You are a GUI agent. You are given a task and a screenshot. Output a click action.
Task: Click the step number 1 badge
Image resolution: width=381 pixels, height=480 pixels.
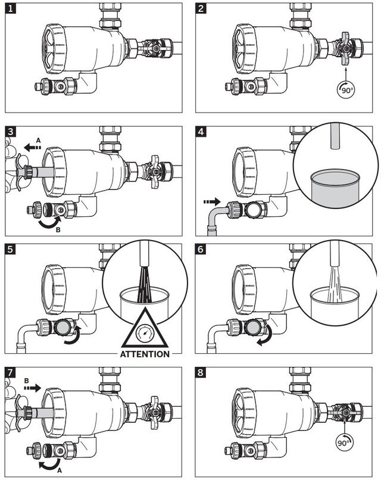tap(10, 8)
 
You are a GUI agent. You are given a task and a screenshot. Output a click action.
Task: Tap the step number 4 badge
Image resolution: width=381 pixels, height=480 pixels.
tap(201, 132)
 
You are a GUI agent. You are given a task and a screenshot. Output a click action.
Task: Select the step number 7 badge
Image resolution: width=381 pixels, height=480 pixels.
tap(10, 373)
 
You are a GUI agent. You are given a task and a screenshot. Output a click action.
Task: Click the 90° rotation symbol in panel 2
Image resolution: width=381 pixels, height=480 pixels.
tap(346, 90)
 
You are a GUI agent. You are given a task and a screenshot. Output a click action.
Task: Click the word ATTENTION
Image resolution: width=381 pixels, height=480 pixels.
tap(145, 354)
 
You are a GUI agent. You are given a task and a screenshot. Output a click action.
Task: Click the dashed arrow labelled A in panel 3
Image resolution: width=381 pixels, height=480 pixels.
tap(32, 148)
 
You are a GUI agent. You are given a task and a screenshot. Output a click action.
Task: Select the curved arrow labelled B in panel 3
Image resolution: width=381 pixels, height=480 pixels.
tap(49, 223)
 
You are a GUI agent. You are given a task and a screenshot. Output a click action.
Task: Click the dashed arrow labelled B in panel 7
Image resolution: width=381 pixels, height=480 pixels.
tap(32, 388)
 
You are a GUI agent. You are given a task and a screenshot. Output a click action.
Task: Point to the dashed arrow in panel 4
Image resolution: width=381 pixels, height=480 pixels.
tap(212, 202)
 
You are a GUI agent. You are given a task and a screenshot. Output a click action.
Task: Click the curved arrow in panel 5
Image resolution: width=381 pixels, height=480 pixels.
tap(73, 336)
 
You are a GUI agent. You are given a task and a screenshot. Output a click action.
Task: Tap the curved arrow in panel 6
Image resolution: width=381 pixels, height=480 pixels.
tap(265, 336)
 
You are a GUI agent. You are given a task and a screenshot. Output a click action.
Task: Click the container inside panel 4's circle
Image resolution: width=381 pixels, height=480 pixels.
tap(334, 189)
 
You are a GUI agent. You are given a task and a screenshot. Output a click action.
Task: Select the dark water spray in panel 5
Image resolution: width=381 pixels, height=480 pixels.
tap(145, 285)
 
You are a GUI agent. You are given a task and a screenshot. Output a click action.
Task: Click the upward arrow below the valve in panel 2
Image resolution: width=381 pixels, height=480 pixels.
tap(346, 74)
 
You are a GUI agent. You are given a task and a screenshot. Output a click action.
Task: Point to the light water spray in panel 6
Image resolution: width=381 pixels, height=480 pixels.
tap(334, 284)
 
